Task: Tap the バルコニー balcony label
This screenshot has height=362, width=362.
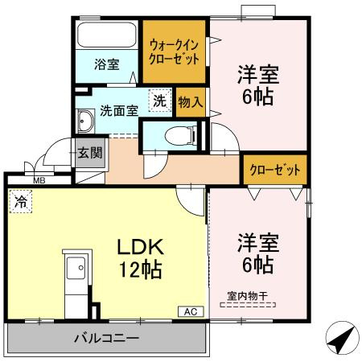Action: coord(108,338)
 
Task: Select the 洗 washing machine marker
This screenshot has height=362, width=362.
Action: coord(160,101)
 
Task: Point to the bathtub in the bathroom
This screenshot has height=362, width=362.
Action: coord(108,36)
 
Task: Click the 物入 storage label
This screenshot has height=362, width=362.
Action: coord(191,102)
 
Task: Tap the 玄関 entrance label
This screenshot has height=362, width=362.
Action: coord(90,153)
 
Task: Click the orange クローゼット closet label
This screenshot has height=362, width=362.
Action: coord(276,171)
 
